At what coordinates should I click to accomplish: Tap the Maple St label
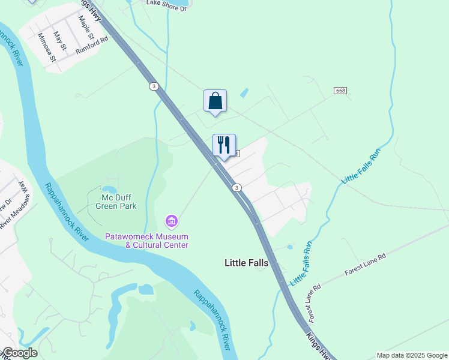click(83, 26)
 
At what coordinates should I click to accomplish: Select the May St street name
click(59, 41)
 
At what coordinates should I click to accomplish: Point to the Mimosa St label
click(46, 48)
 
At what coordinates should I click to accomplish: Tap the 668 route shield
click(340, 90)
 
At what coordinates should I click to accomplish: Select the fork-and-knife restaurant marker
click(224, 145)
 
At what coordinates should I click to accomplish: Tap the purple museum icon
click(172, 222)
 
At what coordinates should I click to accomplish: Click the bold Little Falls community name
click(246, 263)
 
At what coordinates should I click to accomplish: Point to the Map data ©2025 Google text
click(411, 355)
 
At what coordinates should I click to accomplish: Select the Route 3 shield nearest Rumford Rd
click(155, 86)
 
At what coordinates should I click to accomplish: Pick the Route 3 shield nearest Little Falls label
click(238, 188)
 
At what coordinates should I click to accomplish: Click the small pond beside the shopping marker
click(244, 94)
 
